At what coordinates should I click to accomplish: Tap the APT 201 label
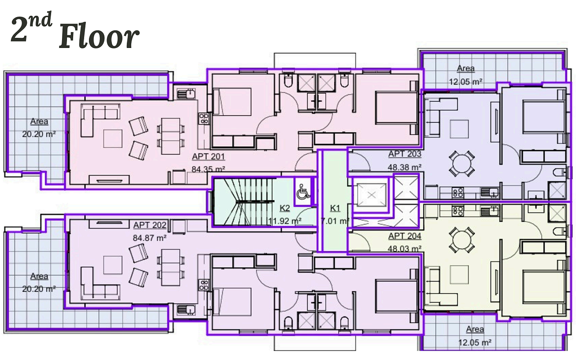coord(208,157)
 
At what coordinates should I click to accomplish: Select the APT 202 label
coord(150,225)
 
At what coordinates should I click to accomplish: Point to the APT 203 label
coord(405,154)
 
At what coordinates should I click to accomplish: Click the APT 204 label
coord(405,236)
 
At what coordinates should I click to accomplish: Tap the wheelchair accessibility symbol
coord(303,192)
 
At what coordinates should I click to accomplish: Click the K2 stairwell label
coord(284,208)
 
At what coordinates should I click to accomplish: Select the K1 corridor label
coord(335,208)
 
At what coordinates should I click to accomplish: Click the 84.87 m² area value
coord(150,238)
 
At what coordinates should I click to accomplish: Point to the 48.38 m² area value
coord(405,167)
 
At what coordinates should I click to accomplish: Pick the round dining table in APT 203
coord(462,163)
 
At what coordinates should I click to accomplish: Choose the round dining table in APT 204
coord(462,240)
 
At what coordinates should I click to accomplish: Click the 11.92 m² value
coord(284,221)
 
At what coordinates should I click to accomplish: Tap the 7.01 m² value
coord(335,221)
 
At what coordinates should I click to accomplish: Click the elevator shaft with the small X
coord(371,195)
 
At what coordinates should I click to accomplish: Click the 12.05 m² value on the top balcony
coord(465,82)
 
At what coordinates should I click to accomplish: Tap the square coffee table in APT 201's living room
coord(113,139)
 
